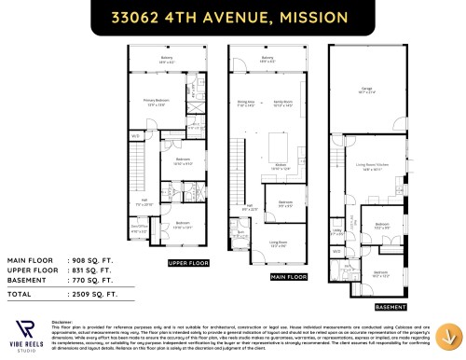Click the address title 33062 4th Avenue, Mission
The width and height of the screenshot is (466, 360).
tap(232, 17)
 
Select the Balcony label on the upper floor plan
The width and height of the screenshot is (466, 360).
tap(167, 62)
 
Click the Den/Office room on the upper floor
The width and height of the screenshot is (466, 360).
tap(138, 226)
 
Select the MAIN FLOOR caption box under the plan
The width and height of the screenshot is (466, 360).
tap(288, 277)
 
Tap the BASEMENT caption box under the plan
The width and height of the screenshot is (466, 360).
tap(391, 306)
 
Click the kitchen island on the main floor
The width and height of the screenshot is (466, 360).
tap(278, 146)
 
